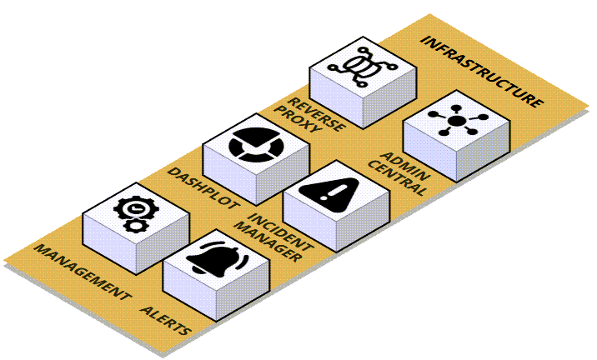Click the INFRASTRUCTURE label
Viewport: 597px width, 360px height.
point(482,72)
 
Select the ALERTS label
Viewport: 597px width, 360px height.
point(165,321)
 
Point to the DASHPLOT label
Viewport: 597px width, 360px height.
point(203,188)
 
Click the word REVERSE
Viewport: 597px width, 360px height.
point(316,114)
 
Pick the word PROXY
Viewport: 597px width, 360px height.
point(298,119)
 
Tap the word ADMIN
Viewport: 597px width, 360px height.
point(405,167)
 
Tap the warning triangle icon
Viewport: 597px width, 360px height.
point(329,195)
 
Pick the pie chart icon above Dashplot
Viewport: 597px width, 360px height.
point(255,144)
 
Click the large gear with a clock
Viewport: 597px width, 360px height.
point(135,208)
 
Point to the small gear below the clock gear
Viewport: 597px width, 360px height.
point(134,225)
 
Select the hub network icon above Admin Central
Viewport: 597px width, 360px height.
point(457,120)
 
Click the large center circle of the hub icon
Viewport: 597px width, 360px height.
point(457,121)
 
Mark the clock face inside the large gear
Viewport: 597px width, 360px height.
point(135,208)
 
